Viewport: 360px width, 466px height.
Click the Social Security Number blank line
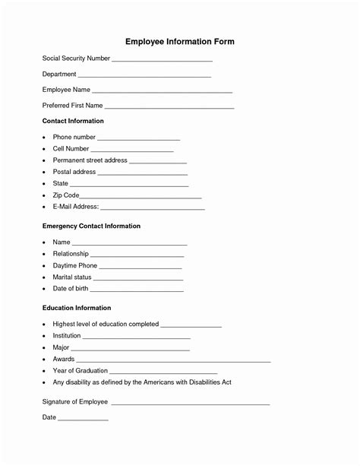pos(162,60)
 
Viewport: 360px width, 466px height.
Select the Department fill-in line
pos(144,76)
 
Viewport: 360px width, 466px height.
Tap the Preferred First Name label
pos(73,106)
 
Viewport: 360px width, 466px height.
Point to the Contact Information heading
pos(73,121)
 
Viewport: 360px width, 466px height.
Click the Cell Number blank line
pos(132,151)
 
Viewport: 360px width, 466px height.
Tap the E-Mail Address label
pos(75,207)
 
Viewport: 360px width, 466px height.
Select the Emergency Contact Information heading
pos(91,226)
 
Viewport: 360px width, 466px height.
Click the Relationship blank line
pos(137,255)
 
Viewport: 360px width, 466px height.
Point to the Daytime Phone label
pos(74,265)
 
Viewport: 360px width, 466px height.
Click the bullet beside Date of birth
pos(45,289)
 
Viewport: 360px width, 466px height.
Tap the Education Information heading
pos(77,308)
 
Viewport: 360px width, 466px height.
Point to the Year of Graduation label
pos(80,370)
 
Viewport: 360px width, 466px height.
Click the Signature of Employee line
pos(190,403)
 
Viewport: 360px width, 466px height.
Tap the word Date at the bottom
pos(49,417)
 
